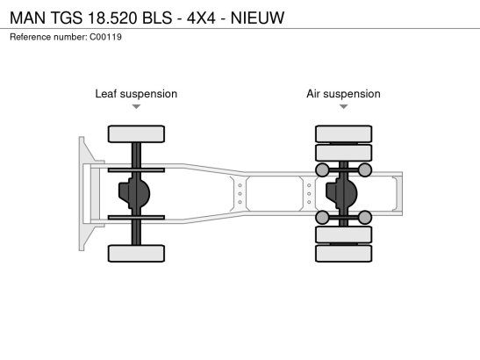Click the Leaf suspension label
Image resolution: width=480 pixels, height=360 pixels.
click(136, 94)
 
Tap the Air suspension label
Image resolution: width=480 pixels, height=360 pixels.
click(343, 94)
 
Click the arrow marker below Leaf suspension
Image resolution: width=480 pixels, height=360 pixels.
click(136, 106)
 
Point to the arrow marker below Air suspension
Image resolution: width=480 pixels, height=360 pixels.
click(344, 106)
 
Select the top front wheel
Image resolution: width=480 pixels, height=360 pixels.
click(136, 133)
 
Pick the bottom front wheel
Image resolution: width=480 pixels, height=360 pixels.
click(136, 254)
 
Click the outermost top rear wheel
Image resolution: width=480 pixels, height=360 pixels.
click(344, 133)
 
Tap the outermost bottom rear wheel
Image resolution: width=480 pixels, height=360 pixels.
click(344, 254)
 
